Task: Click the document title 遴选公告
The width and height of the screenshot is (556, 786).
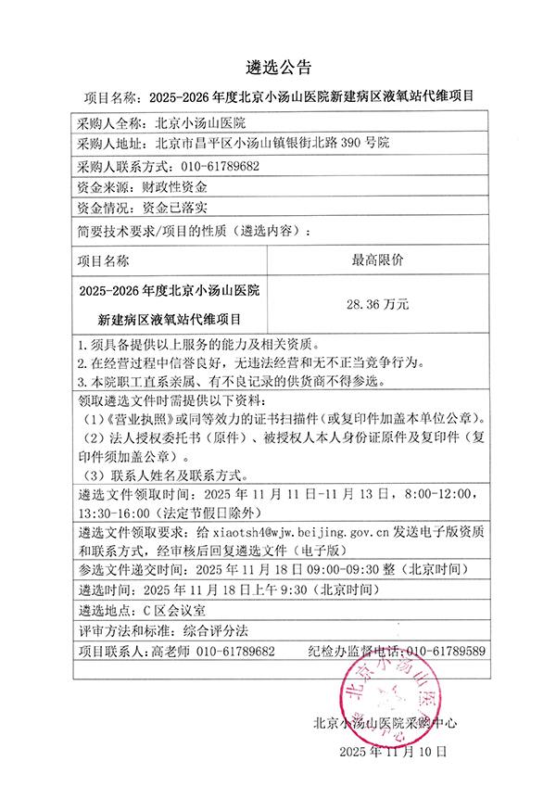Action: (x=278, y=67)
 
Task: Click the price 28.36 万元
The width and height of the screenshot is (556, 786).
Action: (x=376, y=303)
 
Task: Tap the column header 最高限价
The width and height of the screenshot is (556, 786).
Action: (x=376, y=260)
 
